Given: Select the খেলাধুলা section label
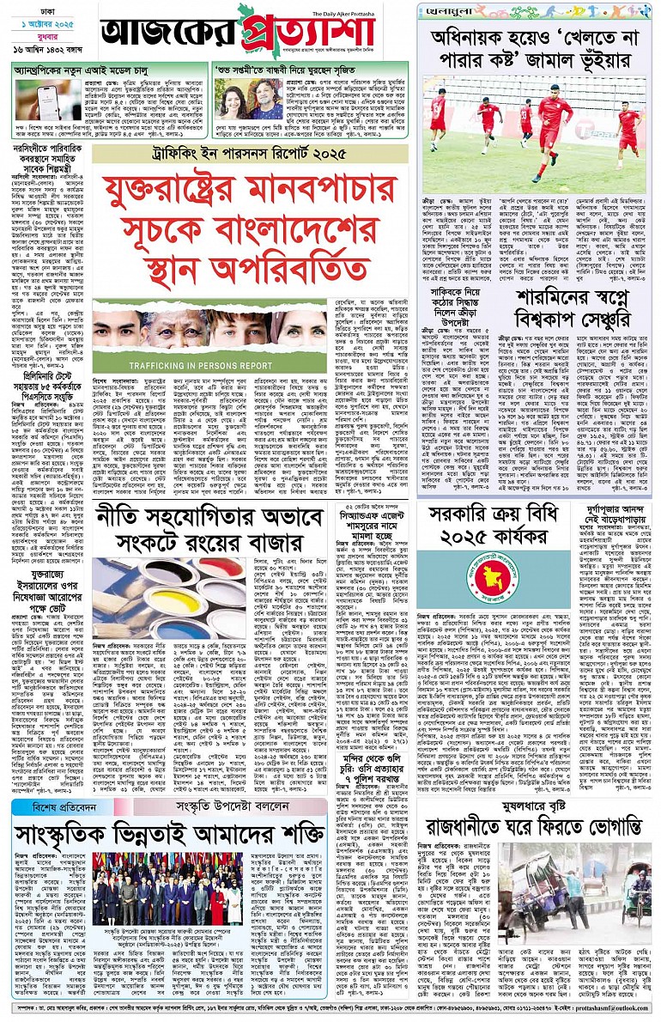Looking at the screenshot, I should pyautogui.click(x=446, y=10).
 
